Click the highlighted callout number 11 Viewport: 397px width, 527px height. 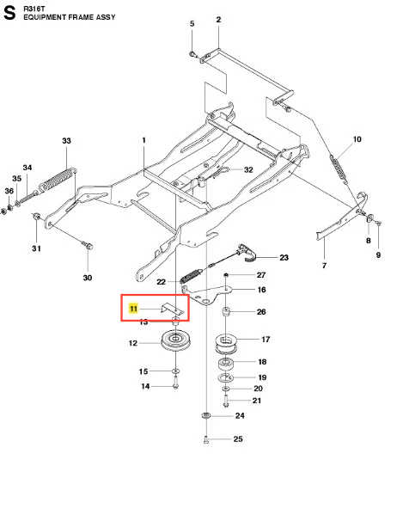pyautogui.click(x=134, y=308)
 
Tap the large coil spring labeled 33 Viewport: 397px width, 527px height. pyautogui.click(x=57, y=181)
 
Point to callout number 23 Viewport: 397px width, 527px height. pyautogui.click(x=284, y=257)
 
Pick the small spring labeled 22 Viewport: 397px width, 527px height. pyautogui.click(x=192, y=274)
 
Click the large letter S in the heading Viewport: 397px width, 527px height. pyautogui.click(x=9, y=13)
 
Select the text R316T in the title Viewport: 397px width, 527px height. pyautogui.click(x=34, y=9)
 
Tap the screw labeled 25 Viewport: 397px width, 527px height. pyautogui.click(x=206, y=439)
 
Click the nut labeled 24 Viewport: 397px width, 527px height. pyautogui.click(x=206, y=416)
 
